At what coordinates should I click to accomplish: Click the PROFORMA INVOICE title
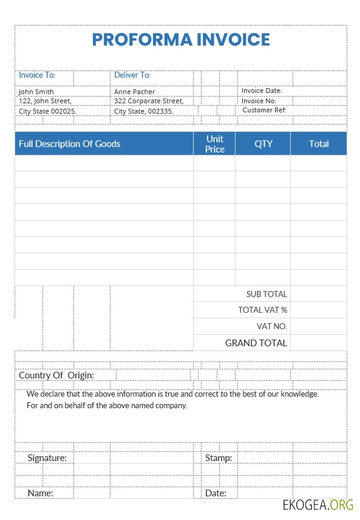pos(181,39)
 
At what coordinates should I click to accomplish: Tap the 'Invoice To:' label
pos(37,75)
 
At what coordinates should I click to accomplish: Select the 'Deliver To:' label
pos(132,75)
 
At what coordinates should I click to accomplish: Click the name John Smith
pos(36,92)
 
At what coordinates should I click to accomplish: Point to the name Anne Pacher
pos(135,92)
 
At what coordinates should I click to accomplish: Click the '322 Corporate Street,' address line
pos(149,101)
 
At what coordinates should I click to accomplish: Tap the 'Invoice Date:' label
pos(262,91)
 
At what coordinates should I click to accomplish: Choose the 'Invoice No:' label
pos(259,101)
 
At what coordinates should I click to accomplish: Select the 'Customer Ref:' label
pos(264,111)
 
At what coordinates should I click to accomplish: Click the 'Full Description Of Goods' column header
pos(70,144)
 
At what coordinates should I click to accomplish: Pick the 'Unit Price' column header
pos(215,144)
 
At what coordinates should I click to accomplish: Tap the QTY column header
pos(263,144)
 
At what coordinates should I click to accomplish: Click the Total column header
pos(319,144)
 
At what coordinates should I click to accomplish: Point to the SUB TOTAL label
pos(267,294)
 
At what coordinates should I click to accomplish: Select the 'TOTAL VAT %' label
pos(263,310)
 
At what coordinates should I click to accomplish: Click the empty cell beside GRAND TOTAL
pos(319,343)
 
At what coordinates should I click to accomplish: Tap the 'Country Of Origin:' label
pos(56,375)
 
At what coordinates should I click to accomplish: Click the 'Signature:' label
pos(47,458)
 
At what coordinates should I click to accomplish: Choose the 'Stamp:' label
pos(219,458)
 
